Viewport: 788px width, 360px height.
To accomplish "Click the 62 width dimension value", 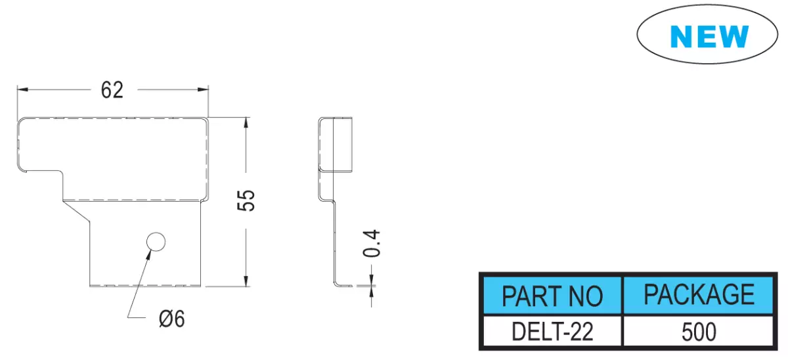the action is [x=112, y=90].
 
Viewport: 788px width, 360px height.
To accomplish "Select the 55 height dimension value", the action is [x=246, y=200].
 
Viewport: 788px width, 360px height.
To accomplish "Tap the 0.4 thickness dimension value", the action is [x=372, y=244].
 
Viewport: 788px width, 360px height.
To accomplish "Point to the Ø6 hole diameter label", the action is [x=171, y=319].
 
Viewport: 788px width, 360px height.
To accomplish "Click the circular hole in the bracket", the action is [x=156, y=242].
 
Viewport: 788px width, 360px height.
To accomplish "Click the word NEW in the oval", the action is [x=709, y=36].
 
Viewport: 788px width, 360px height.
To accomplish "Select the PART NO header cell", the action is [x=552, y=295].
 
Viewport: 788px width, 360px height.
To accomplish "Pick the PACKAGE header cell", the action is [x=699, y=295].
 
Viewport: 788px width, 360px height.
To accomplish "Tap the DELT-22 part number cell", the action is [x=552, y=332].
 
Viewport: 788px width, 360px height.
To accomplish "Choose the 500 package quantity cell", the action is [x=699, y=332].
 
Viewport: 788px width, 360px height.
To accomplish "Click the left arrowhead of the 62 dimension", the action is [x=22, y=89].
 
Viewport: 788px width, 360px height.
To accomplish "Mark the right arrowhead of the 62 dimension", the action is [x=203, y=89].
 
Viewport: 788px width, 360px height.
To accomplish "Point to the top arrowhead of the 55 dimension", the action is [x=246, y=122].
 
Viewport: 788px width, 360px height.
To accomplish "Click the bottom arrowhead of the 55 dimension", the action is [x=246, y=281].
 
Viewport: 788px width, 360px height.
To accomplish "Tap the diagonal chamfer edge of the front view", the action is [x=76, y=211].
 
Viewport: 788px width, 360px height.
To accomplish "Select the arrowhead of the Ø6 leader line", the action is [x=148, y=255].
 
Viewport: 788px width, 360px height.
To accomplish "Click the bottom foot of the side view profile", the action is [x=343, y=284].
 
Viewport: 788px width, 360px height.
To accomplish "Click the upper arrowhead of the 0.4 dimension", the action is [x=372, y=279].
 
